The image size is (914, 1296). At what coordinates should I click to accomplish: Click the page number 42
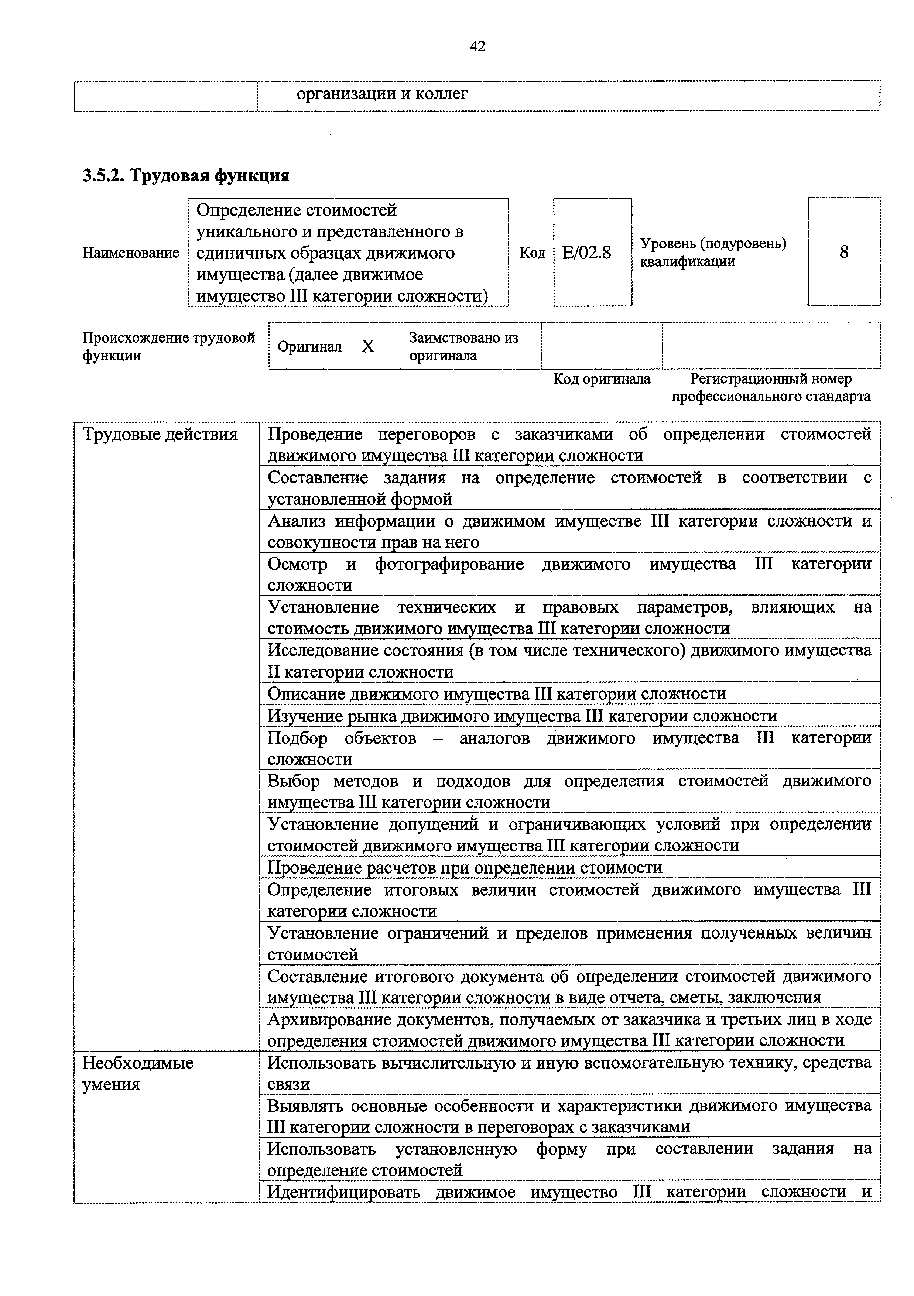477,46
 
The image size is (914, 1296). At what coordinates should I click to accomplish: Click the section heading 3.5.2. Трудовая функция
186,175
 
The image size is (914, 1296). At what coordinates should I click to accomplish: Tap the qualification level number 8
843,252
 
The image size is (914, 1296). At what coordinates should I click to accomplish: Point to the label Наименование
130,253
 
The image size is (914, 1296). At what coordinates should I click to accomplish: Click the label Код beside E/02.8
532,253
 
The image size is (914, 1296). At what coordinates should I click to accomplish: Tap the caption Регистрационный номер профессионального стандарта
771,388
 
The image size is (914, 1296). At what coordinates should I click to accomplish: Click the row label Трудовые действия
160,434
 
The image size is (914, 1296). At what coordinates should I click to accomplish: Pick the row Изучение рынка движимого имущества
522,716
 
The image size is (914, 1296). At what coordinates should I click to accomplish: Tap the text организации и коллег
382,94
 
